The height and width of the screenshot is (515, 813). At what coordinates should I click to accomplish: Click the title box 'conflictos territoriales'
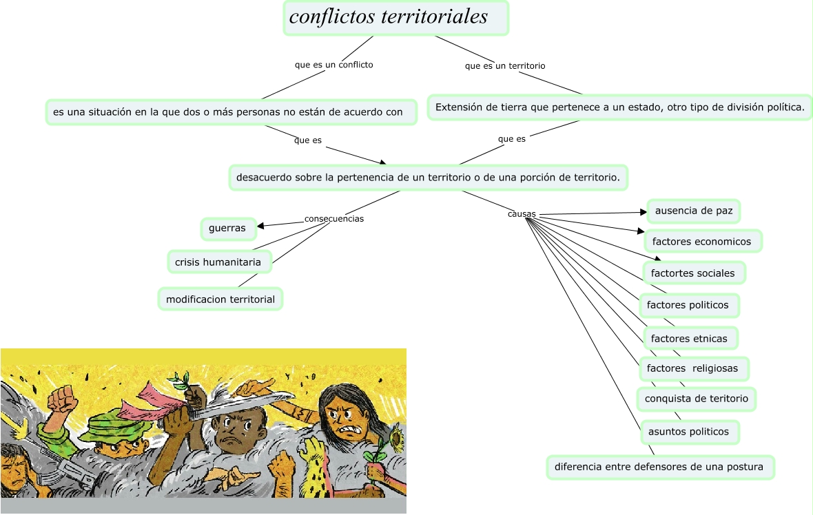click(395, 18)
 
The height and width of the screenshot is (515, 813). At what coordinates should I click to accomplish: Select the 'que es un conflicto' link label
click(333, 65)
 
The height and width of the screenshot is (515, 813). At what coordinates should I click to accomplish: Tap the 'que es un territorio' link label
click(505, 66)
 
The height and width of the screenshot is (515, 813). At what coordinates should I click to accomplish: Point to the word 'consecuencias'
click(333, 219)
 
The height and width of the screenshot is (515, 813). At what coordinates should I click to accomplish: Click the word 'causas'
click(522, 214)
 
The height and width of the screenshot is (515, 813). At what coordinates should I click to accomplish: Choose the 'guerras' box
click(227, 228)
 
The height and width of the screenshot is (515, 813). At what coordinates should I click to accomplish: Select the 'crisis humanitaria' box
click(218, 262)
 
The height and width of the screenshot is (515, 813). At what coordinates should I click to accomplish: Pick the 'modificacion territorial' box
click(220, 299)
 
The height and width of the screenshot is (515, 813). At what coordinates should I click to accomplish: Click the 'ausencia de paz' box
click(693, 211)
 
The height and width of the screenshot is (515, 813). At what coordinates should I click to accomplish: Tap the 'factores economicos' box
click(701, 242)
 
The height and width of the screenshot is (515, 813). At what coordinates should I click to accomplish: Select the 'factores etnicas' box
click(689, 339)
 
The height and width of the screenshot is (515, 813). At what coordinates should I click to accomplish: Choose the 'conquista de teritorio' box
click(696, 399)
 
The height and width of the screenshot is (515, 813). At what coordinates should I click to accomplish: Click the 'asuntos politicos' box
click(688, 432)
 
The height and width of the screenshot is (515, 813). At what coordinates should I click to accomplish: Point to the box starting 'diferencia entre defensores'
click(659, 467)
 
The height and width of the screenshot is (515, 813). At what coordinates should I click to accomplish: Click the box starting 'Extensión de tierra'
click(620, 107)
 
